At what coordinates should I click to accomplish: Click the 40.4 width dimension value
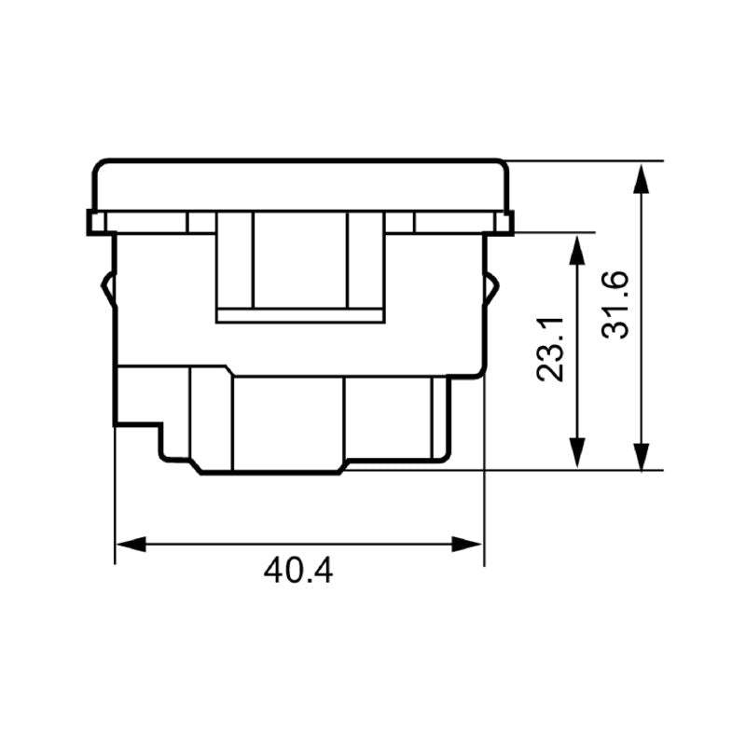(x=297, y=570)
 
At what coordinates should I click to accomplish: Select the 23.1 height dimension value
(x=551, y=350)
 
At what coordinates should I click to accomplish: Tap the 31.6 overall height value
(x=616, y=304)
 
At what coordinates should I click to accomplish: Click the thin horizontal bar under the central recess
(x=299, y=315)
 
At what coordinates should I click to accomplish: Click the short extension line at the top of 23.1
(x=555, y=232)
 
